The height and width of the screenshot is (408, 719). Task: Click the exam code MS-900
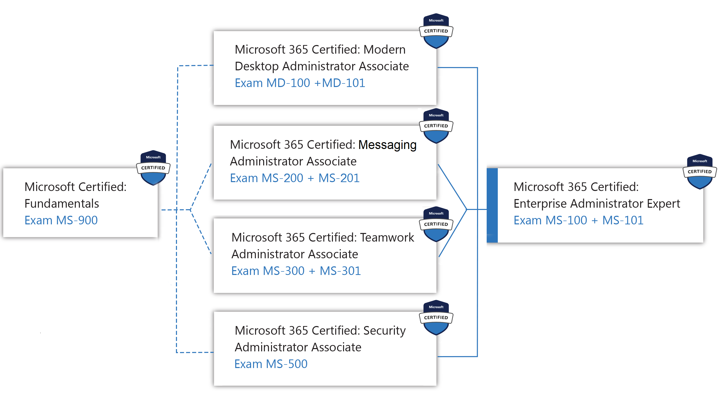click(x=77, y=220)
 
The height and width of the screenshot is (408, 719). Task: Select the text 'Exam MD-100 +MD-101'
click(x=300, y=83)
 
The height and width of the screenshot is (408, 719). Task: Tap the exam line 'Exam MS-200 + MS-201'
click(x=295, y=178)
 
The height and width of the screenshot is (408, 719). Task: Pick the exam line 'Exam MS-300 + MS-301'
click(x=296, y=271)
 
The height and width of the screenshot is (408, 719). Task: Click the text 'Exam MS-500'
click(x=271, y=364)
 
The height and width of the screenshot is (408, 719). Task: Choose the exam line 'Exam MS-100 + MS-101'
click(x=578, y=220)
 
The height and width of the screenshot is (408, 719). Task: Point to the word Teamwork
click(x=387, y=237)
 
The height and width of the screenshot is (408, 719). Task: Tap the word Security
click(x=385, y=331)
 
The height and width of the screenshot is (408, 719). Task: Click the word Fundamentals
click(x=62, y=203)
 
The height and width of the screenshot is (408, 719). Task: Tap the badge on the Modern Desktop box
click(x=436, y=31)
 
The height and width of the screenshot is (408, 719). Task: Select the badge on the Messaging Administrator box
click(x=436, y=126)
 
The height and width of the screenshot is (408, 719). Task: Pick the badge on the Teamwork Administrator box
click(x=436, y=224)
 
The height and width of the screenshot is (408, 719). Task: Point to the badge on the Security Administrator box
click(x=436, y=317)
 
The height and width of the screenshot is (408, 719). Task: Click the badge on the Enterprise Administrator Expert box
click(x=700, y=171)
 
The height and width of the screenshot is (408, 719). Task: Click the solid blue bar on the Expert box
click(x=492, y=205)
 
